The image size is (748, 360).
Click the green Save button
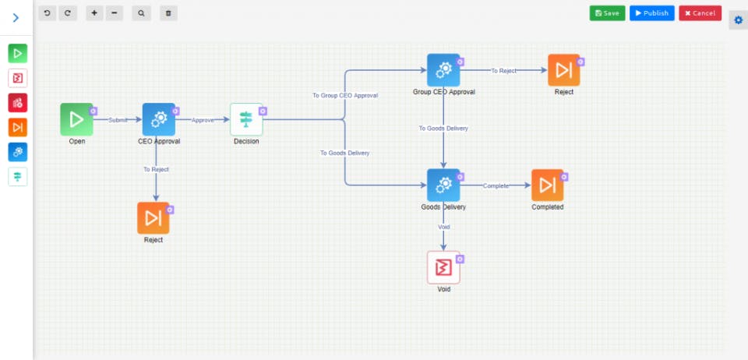[x=607, y=13]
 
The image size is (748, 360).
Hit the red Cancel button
[x=700, y=13]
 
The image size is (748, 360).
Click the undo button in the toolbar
[x=48, y=13]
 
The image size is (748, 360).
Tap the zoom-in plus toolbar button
[x=94, y=13]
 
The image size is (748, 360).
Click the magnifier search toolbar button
[x=141, y=13]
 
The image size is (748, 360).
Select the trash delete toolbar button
[x=168, y=13]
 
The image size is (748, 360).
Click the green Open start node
[x=76, y=119]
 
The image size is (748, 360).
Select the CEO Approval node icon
[x=159, y=119]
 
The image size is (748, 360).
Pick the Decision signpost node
[x=246, y=119]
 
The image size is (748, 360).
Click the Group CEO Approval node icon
[x=443, y=70]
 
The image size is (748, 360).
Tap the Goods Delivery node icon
[x=443, y=185]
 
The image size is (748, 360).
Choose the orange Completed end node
[x=547, y=185]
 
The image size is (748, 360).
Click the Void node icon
[x=443, y=267]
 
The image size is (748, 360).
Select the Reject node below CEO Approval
[x=153, y=218]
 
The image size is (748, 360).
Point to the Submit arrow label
[x=118, y=120]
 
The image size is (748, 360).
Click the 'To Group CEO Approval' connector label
[x=345, y=95]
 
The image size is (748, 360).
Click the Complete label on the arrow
[x=496, y=185]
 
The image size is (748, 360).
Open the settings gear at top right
[x=739, y=19]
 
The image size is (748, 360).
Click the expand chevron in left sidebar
[x=16, y=17]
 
